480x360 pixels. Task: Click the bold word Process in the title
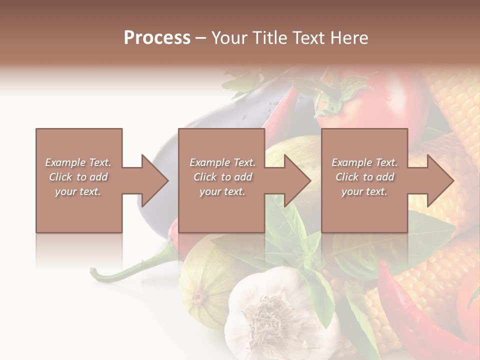pyautogui.click(x=157, y=38)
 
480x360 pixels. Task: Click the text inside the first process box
pyautogui.click(x=78, y=177)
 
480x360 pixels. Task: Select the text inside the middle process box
pyautogui.click(x=222, y=177)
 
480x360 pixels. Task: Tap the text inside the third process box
pyautogui.click(x=364, y=177)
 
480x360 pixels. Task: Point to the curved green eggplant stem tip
pyautogui.click(x=93, y=272)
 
